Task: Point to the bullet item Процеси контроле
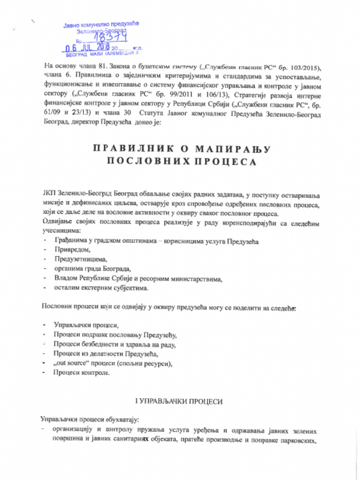[x=82, y=373]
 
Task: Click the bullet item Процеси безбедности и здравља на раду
[x=114, y=345]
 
